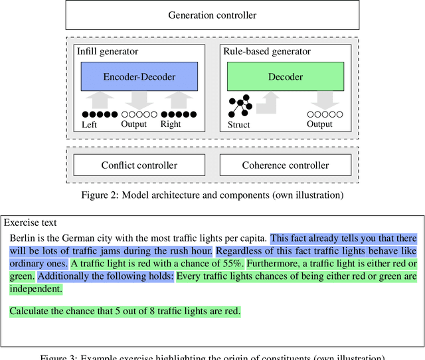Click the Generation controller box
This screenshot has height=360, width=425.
click(212, 15)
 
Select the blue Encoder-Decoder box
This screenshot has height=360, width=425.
click(139, 76)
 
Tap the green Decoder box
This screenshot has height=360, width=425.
click(286, 76)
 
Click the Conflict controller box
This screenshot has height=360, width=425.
click(139, 165)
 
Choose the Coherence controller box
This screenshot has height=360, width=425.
click(286, 165)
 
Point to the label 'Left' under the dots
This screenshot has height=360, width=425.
click(89, 124)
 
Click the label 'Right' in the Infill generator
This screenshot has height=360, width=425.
click(171, 124)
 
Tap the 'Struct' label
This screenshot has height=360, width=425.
click(238, 124)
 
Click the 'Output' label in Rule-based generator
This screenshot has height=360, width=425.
click(319, 124)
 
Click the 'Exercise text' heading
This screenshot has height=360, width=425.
click(31, 223)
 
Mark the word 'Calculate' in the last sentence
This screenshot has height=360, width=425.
click(29, 311)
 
